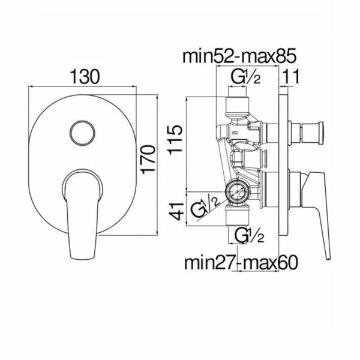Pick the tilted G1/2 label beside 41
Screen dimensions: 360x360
(x=203, y=207)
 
